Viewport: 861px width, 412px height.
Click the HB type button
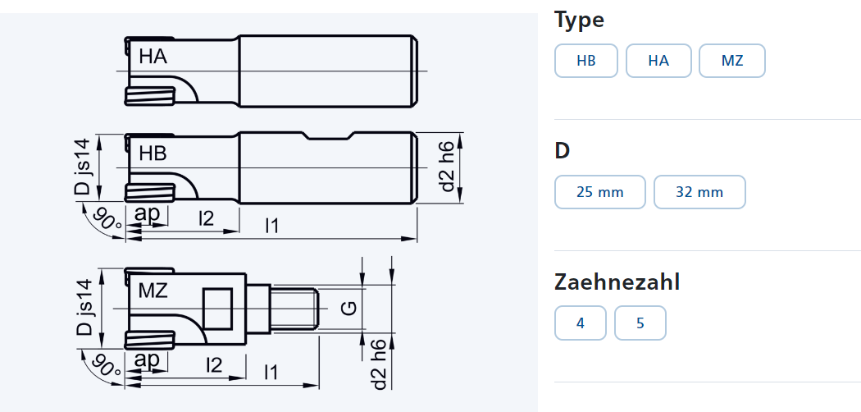click(586, 61)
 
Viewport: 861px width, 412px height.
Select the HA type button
click(658, 61)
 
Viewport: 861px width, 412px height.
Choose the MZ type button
click(732, 61)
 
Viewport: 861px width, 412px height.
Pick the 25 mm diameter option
click(600, 192)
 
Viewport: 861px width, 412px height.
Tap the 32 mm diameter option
click(699, 192)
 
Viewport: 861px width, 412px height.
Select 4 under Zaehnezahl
click(581, 323)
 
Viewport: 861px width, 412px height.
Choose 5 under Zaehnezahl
click(640, 323)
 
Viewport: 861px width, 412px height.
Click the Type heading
click(579, 21)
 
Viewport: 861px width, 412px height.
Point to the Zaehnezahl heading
click(617, 282)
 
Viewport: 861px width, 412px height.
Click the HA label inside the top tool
click(153, 56)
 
